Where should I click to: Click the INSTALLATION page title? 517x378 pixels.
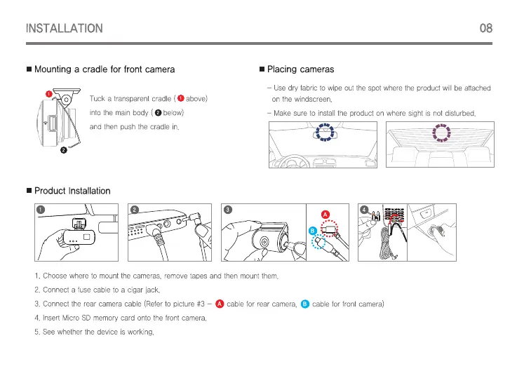64,29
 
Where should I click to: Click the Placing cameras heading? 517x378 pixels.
300,69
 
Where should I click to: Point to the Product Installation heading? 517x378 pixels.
72,191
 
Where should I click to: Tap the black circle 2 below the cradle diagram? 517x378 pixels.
64,150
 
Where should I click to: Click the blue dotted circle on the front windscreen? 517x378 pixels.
324,132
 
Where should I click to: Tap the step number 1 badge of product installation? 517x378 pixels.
41,210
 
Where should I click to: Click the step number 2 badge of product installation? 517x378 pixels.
135,210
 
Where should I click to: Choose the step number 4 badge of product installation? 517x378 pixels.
363,210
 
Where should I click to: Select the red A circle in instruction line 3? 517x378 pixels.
220,303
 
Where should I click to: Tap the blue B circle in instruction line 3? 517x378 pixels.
304,303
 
